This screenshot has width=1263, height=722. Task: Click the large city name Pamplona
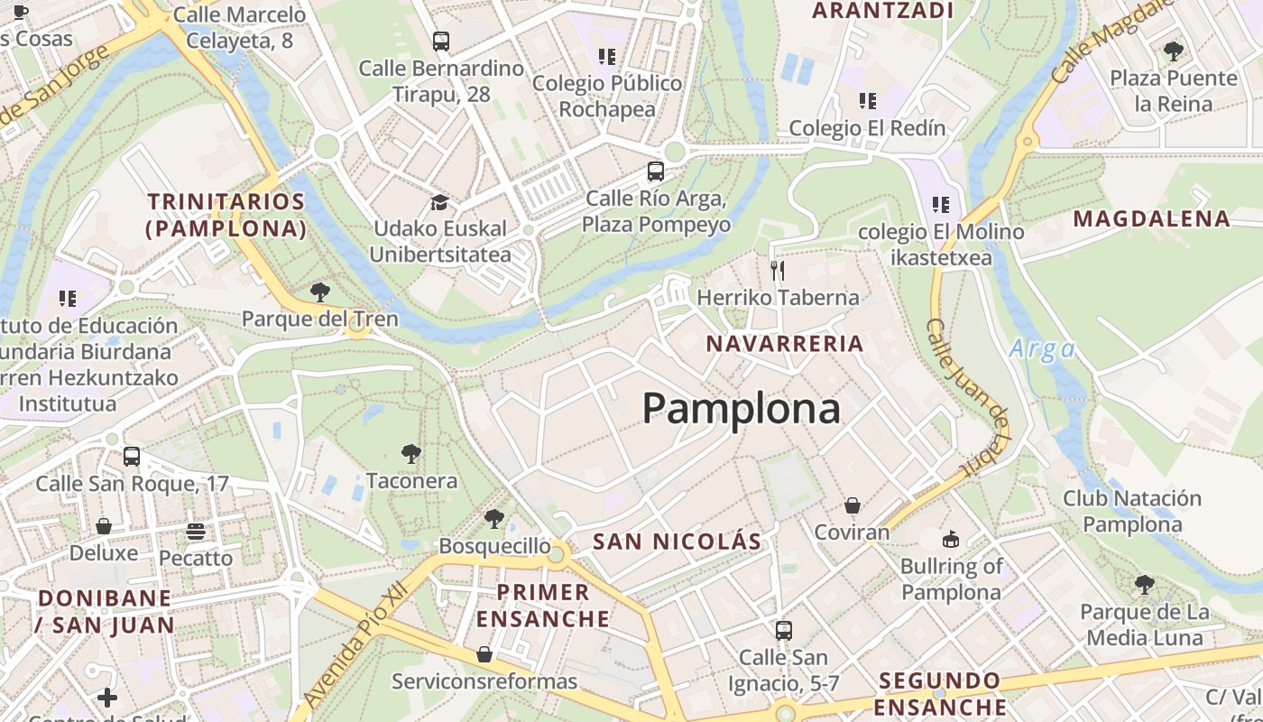(x=742, y=409)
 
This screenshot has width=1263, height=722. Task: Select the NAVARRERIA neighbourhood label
(x=785, y=344)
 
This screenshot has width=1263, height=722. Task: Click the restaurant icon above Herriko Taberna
(x=778, y=270)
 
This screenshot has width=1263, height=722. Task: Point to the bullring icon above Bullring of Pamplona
(x=950, y=540)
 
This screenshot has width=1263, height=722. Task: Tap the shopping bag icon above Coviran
(x=852, y=505)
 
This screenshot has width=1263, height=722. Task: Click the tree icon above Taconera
(x=411, y=453)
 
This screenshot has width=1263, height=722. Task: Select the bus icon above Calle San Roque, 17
(x=132, y=457)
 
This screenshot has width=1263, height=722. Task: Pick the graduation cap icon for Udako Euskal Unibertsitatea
(x=439, y=202)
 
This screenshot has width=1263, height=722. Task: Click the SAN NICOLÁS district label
(x=677, y=541)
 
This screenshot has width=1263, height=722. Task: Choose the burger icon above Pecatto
(x=196, y=531)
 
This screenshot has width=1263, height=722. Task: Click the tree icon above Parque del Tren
(x=319, y=292)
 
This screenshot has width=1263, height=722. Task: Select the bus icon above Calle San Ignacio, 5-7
(x=784, y=630)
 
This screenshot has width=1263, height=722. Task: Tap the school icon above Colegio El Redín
(x=867, y=100)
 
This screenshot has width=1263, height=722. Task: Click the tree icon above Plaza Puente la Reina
(x=1173, y=51)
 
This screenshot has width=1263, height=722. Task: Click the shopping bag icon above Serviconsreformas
(x=484, y=653)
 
